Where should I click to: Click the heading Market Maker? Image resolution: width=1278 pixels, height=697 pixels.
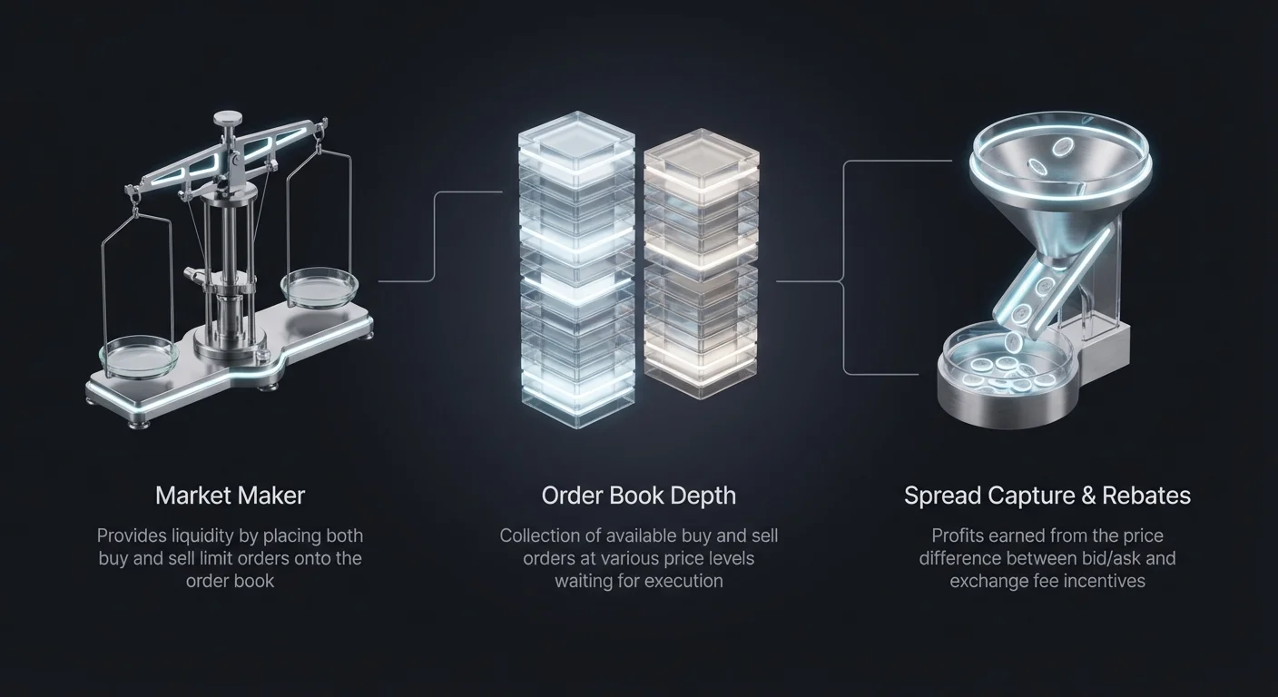(x=230, y=496)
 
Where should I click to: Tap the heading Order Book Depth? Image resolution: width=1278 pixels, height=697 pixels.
(x=638, y=496)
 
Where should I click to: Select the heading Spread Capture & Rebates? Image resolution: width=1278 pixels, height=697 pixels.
(x=1047, y=496)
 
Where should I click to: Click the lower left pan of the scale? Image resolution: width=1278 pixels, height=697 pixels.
(x=139, y=357)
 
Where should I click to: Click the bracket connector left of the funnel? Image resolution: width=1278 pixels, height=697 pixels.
(x=843, y=268)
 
